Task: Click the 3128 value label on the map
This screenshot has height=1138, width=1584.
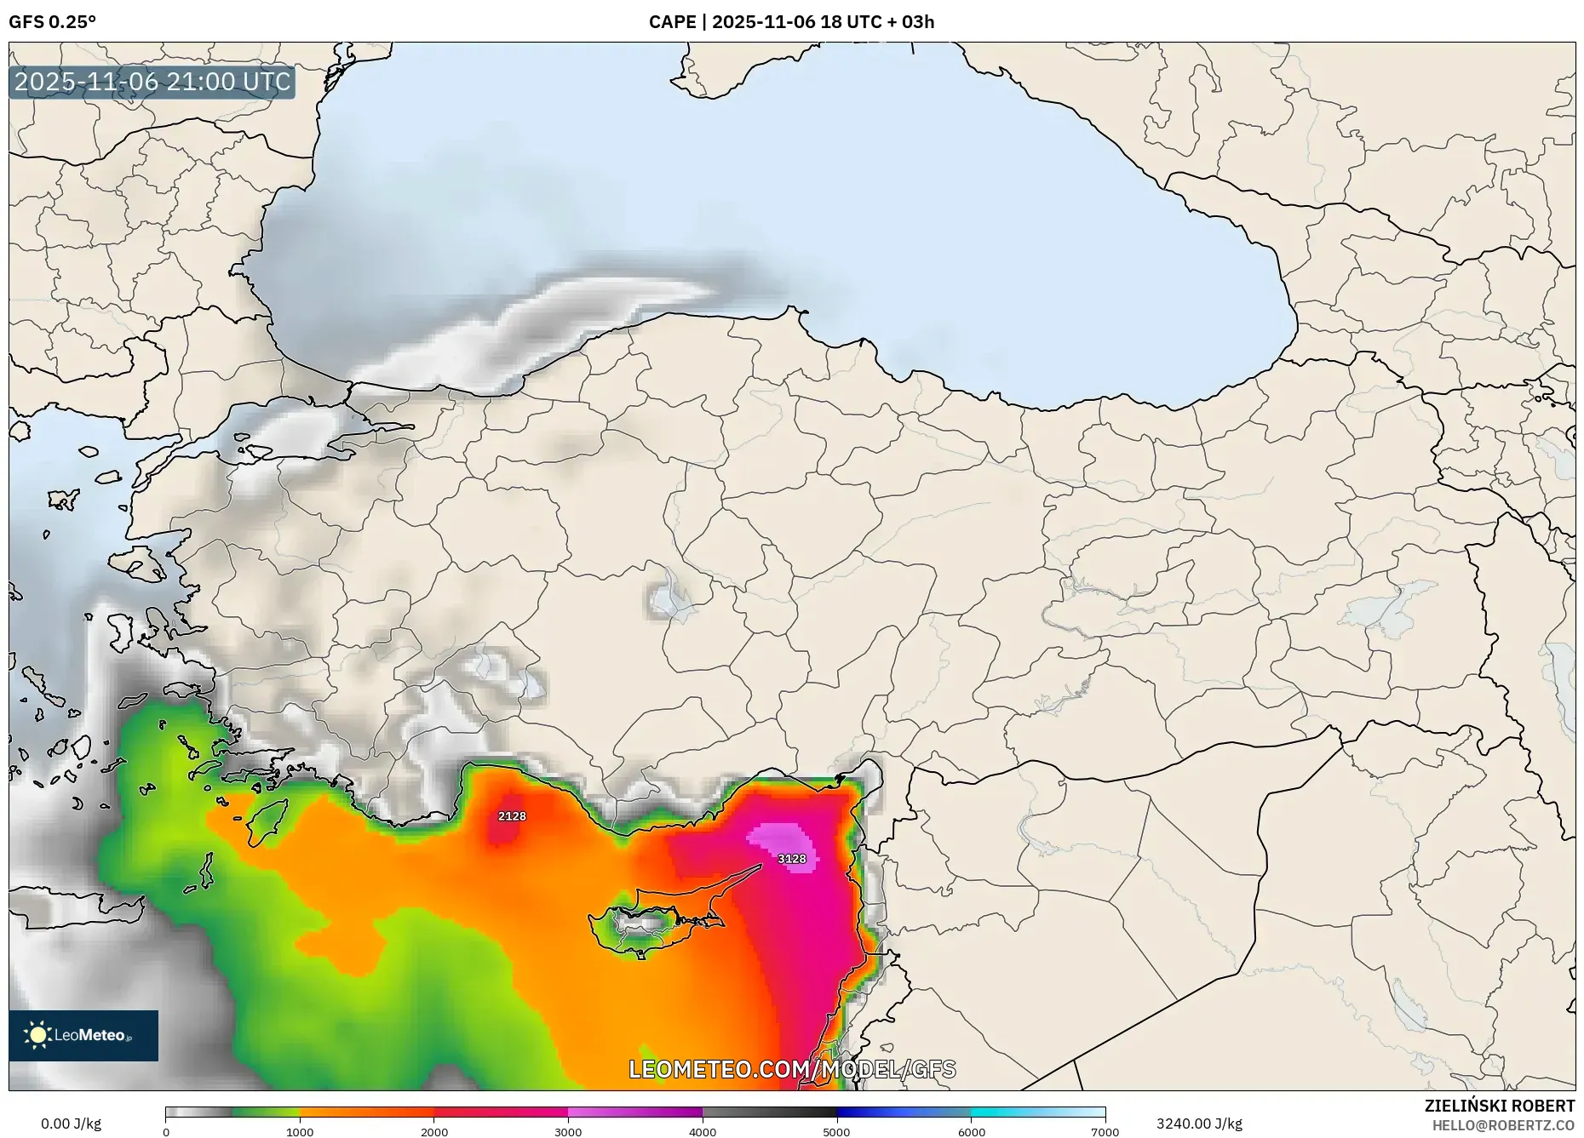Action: tap(792, 859)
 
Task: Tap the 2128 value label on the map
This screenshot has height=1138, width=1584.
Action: tap(512, 816)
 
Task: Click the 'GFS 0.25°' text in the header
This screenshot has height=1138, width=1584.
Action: tap(53, 22)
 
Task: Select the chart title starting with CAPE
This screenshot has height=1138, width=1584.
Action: tap(791, 22)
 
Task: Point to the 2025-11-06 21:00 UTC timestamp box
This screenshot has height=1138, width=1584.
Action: tap(152, 82)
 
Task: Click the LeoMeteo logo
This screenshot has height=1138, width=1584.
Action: tap(83, 1035)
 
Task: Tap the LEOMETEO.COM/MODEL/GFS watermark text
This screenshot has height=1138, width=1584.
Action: tap(792, 1069)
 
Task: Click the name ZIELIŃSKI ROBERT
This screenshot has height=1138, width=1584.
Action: tap(1499, 1106)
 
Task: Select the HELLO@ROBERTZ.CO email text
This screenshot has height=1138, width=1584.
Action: tap(1503, 1125)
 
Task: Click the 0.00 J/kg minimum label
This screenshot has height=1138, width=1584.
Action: tap(72, 1124)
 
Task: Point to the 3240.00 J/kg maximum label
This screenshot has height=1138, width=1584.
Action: tap(1199, 1124)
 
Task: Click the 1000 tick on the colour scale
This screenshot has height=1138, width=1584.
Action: tap(300, 1132)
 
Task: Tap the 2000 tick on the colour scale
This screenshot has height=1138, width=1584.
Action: tap(434, 1132)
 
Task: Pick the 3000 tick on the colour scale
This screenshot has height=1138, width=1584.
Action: tap(568, 1132)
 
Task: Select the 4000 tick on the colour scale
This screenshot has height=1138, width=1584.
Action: tap(703, 1132)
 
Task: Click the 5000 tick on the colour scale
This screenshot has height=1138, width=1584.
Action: tap(836, 1132)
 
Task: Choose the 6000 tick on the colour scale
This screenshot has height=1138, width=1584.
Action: tap(971, 1132)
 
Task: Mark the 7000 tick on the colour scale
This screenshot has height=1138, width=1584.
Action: tap(1105, 1132)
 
